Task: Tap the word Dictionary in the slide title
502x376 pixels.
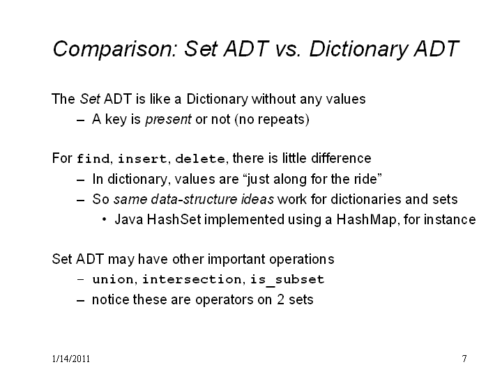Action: tap(358, 49)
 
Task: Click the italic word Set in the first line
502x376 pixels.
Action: tap(90, 99)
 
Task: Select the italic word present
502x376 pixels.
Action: tap(169, 120)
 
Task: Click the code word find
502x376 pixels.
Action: tap(93, 159)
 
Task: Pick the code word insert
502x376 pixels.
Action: tap(142, 159)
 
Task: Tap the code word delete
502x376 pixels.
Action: tap(200, 159)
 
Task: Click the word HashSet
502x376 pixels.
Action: tap(174, 219)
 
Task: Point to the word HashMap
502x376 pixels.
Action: tap(366, 220)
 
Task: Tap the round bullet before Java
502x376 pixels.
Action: tap(104, 219)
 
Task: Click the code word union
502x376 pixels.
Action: tap(113, 279)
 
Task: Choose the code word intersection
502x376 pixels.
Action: tap(192, 279)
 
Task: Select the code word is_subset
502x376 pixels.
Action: tap(287, 279)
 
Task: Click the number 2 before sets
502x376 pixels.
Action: tap(280, 299)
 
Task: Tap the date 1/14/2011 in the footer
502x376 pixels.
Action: tap(70, 359)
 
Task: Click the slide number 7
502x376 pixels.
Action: tap(464, 359)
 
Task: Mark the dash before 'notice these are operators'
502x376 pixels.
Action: tap(81, 301)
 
